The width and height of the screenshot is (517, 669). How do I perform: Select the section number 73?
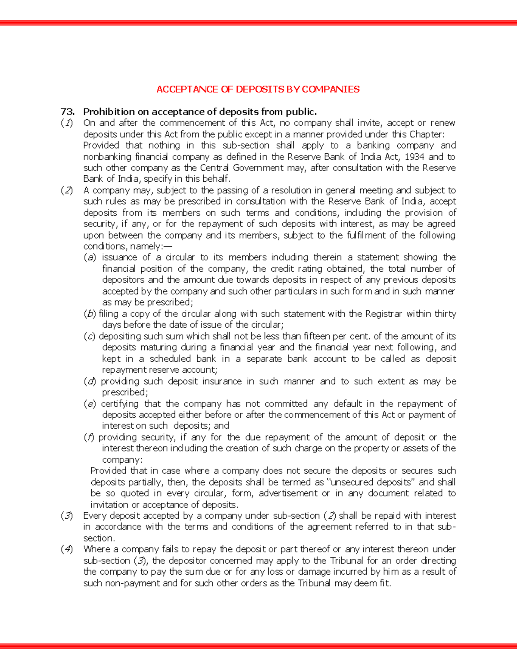pos(68,112)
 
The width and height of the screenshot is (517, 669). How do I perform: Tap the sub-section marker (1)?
pos(67,123)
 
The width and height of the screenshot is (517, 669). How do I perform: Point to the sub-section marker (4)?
pos(67,549)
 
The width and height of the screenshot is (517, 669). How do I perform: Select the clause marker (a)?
pos(90,258)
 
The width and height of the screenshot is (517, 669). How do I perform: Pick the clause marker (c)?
pos(90,336)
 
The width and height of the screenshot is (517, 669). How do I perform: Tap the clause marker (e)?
pos(90,404)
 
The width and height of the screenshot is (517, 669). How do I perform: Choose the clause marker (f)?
pos(89,438)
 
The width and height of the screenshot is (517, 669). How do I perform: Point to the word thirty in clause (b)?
pos(445,314)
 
